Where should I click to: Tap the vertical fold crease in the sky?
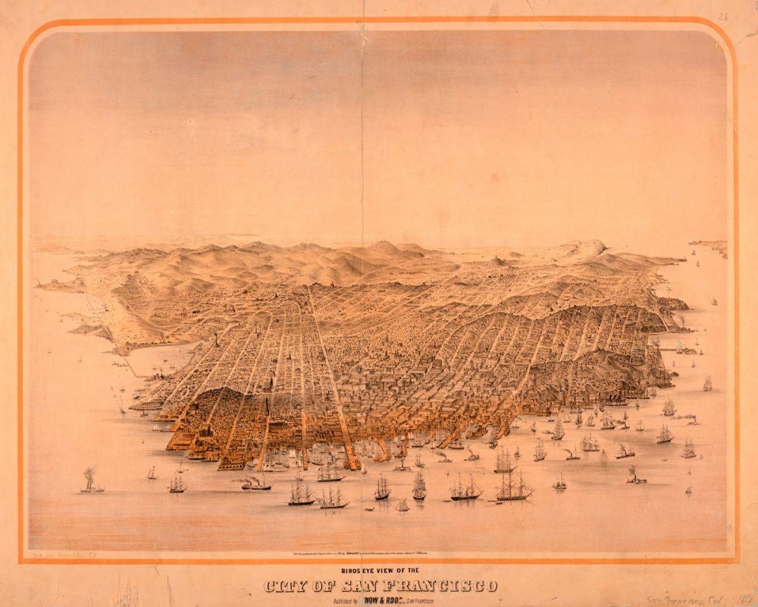pos(363,137)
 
